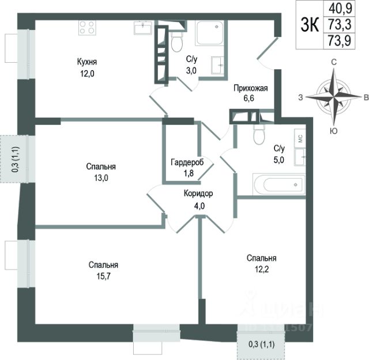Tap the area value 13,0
coord(97,177)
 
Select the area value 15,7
coord(104,276)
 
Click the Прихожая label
coord(250,88)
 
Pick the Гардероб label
coord(187,162)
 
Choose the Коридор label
coord(199,194)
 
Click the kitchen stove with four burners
coord(87,28)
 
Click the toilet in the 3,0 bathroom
coord(176,41)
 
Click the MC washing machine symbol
coord(300,138)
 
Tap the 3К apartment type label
coord(310,25)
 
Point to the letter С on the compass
coord(333,62)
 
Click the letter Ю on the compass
coord(333,131)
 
